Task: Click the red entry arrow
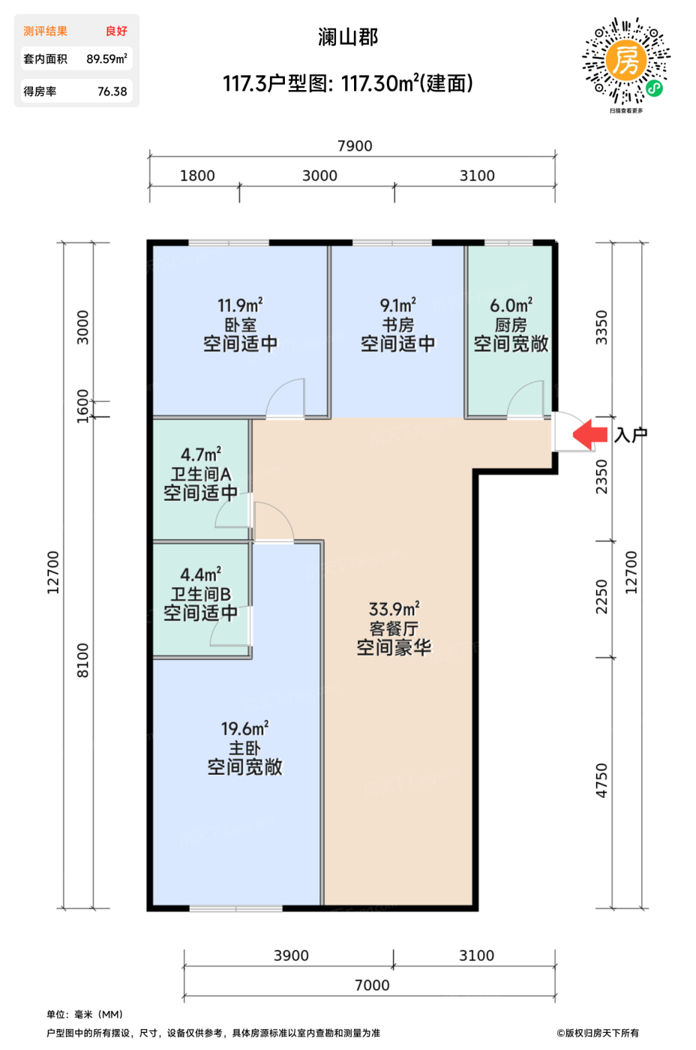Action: click(x=589, y=434)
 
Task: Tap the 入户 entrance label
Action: click(x=631, y=435)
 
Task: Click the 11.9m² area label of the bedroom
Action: click(x=240, y=305)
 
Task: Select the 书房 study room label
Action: click(x=397, y=325)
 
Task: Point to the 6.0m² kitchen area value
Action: click(x=511, y=305)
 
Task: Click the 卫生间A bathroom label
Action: click(x=200, y=474)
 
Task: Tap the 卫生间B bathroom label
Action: click(x=200, y=594)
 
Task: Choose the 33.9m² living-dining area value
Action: click(x=394, y=609)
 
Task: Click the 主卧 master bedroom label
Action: click(x=244, y=748)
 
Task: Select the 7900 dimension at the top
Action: click(x=355, y=145)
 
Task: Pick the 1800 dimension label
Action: click(x=197, y=175)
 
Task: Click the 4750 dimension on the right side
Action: click(x=601, y=781)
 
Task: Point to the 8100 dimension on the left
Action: click(x=82, y=661)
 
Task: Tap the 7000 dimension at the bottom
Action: click(x=372, y=985)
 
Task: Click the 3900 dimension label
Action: click(x=291, y=955)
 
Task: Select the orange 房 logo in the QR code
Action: click(x=626, y=60)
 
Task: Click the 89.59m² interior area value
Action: click(x=106, y=58)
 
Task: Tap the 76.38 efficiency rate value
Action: click(x=112, y=91)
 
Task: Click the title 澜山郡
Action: click(x=348, y=37)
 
